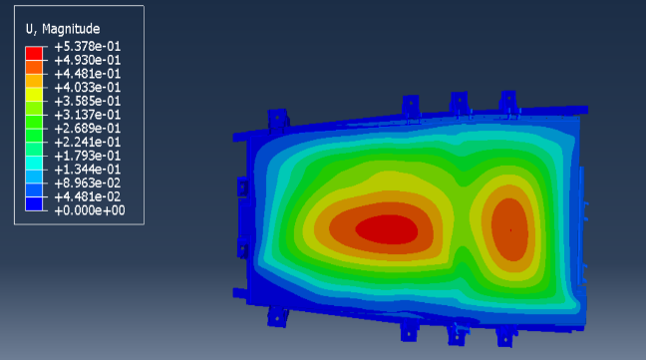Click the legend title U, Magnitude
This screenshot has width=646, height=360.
tap(63, 29)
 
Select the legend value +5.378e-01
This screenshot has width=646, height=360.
tap(88, 47)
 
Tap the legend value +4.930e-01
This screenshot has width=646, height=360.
tap(88, 60)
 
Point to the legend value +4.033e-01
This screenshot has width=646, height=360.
tap(88, 88)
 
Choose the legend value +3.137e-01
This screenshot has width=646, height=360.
tap(88, 115)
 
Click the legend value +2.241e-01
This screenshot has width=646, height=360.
tap(88, 142)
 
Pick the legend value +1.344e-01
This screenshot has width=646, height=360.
tap(88, 170)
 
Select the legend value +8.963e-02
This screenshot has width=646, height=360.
tap(88, 182)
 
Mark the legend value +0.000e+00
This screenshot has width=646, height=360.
tap(90, 210)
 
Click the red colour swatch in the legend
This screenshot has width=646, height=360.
tap(34, 54)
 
